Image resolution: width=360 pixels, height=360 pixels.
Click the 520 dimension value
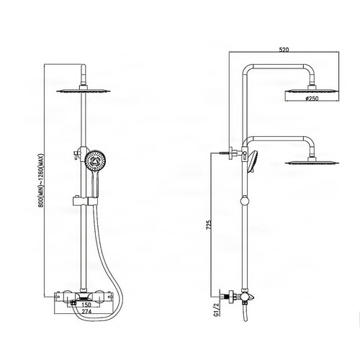pos(284,50)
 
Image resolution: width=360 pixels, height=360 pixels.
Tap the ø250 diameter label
pos(312,99)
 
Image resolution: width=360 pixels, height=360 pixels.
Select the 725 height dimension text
pos(210,225)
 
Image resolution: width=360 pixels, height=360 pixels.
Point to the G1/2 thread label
pos(217,310)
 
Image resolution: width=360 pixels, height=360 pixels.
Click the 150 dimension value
pos(86,305)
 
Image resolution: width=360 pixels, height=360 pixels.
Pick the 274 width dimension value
pos(86,311)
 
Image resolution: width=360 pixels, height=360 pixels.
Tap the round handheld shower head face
pos(96,161)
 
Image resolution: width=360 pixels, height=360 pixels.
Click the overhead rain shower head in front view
pos(84,91)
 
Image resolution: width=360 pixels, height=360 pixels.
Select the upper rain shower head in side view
pos(312,91)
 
